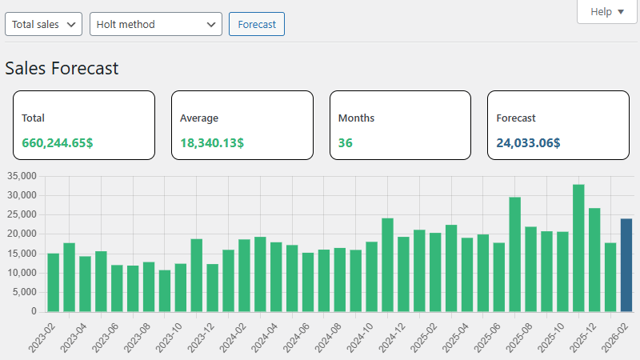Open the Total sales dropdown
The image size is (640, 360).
(x=43, y=24)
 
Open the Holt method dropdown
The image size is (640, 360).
(x=155, y=24)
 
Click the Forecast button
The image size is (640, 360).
(x=257, y=24)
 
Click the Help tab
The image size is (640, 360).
(x=606, y=12)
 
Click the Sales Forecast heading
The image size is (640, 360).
(x=62, y=68)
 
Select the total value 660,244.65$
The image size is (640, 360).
(x=58, y=143)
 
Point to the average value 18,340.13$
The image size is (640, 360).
(x=212, y=143)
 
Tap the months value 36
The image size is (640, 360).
(x=346, y=143)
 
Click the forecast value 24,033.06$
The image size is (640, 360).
(x=528, y=143)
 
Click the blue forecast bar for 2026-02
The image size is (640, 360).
(x=626, y=265)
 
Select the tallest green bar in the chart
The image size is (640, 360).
(x=578, y=248)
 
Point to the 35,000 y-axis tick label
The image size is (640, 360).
(x=22, y=176)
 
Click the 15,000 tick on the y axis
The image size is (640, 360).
(x=22, y=254)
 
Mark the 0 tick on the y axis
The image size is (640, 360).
(x=34, y=311)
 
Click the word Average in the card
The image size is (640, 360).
(x=199, y=118)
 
